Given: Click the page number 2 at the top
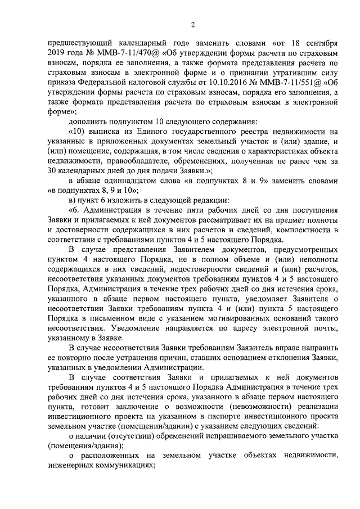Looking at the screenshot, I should click(x=193, y=24).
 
